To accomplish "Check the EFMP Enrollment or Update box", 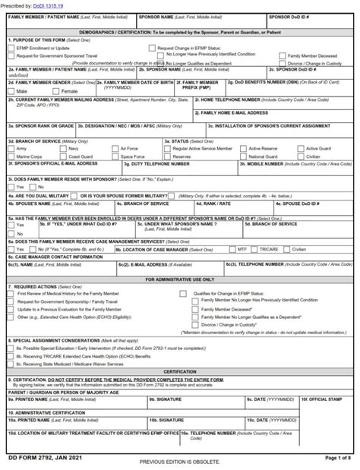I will point(11,47).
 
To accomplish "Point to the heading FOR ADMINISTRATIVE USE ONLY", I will point(180,279).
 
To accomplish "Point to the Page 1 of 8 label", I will point(339,458).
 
